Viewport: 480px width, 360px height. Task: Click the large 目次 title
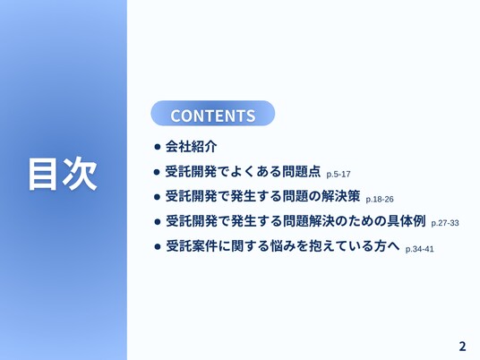point(63,174)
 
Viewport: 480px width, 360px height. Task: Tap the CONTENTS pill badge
point(213,113)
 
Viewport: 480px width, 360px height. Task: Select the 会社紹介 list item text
point(191,146)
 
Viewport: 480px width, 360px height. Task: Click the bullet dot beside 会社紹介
point(158,147)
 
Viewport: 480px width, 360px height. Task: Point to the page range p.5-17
point(339,175)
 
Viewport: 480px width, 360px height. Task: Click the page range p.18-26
point(380,200)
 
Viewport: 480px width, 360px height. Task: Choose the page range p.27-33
point(445,223)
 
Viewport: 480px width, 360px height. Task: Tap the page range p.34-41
point(419,249)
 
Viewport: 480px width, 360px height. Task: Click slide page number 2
point(462,347)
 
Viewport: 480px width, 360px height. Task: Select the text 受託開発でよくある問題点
point(243,171)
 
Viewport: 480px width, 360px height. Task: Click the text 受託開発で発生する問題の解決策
point(262,196)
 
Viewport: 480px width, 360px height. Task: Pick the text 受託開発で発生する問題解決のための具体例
point(296,220)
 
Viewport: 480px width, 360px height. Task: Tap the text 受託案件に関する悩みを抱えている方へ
point(283,245)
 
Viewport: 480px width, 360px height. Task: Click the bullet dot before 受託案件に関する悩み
point(158,246)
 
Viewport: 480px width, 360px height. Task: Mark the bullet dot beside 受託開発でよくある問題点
point(158,172)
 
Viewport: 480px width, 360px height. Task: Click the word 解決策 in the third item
point(340,196)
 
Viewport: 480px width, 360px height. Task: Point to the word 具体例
point(407,220)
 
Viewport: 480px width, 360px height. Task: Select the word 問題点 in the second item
point(301,171)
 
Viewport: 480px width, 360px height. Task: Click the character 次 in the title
point(81,174)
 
